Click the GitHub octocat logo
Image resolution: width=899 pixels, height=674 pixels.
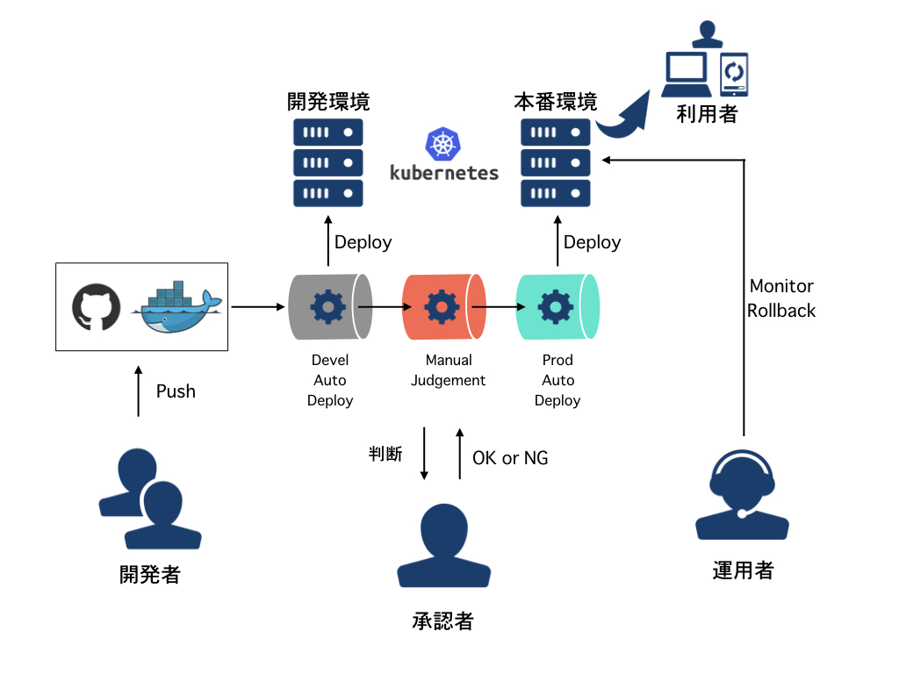tap(96, 307)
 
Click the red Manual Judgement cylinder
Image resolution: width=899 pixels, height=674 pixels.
tap(443, 307)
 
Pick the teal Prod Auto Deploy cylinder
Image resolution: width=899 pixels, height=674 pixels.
tap(557, 307)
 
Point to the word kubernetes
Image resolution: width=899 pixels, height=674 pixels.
tap(444, 173)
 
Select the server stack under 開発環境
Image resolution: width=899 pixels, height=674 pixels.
tap(327, 163)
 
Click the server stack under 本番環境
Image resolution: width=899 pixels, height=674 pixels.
tap(556, 163)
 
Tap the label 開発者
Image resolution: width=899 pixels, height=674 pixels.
tap(150, 575)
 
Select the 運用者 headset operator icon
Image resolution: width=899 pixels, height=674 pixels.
tap(743, 495)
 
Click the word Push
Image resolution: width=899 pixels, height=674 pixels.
tap(176, 391)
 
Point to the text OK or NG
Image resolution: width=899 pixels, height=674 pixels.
tap(510, 457)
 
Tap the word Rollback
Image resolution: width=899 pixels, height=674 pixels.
tap(781, 311)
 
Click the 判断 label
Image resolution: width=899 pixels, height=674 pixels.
tap(385, 454)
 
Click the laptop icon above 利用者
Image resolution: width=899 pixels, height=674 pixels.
tap(687, 75)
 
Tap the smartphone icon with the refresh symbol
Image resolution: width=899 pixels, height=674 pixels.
tap(734, 74)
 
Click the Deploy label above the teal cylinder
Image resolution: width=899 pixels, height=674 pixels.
tap(592, 242)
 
